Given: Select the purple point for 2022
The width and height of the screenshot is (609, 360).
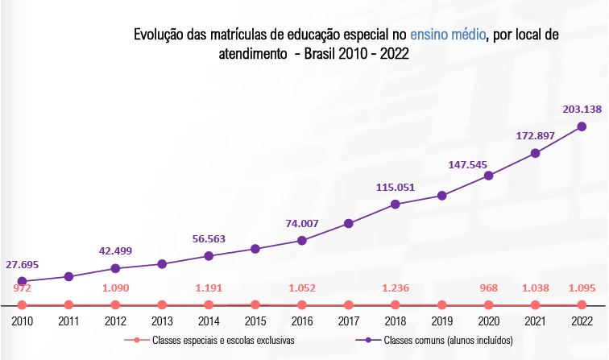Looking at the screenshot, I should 582,126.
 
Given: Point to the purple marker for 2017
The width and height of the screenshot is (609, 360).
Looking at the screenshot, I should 348,224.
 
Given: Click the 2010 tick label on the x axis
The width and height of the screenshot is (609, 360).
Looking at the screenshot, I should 22,321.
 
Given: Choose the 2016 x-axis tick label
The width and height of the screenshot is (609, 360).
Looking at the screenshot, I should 301,321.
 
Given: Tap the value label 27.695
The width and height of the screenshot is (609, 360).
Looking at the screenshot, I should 22,264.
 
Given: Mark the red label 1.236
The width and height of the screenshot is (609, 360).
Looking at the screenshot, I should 395,287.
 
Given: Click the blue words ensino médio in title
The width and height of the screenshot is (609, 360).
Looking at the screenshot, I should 447,35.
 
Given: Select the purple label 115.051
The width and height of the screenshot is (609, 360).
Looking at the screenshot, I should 395,188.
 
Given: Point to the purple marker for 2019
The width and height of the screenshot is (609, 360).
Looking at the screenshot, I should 441,196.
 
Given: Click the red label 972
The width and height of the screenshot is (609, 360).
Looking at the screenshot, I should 22,287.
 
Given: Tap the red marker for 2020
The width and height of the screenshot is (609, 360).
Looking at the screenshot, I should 488,304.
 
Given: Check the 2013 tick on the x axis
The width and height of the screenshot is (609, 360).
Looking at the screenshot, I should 162,321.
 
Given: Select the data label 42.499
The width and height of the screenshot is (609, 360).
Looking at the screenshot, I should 115,250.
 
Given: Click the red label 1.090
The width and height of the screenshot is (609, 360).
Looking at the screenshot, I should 115,287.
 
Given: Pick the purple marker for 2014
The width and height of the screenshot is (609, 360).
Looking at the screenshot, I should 209,256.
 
